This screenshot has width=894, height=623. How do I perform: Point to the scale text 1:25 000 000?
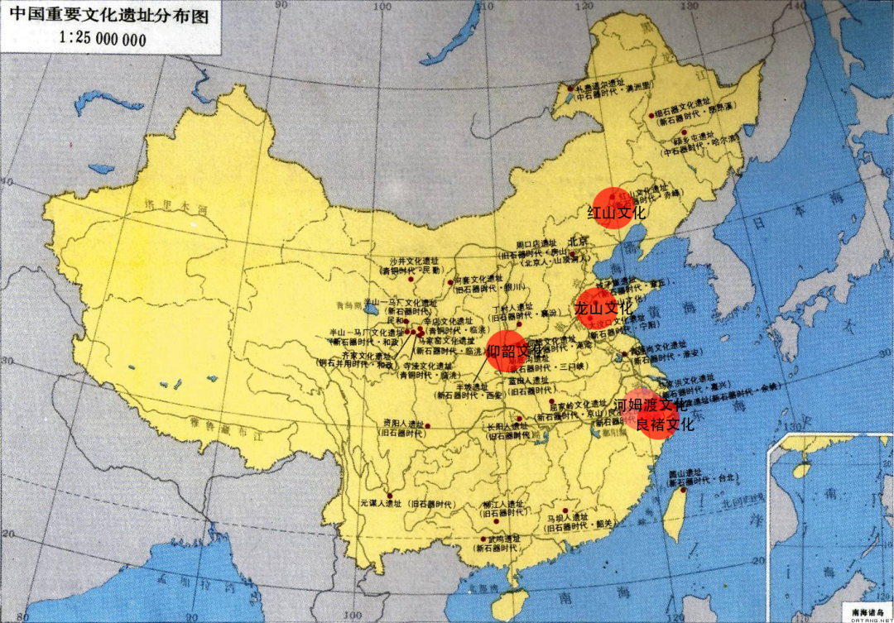103,38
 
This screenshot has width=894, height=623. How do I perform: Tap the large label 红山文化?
617,213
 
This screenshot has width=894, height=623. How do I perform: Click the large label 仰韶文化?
516,352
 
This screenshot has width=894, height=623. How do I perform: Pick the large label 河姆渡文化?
651,405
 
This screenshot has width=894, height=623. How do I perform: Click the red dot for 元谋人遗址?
389,494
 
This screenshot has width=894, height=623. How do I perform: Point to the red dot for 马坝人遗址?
565,510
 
